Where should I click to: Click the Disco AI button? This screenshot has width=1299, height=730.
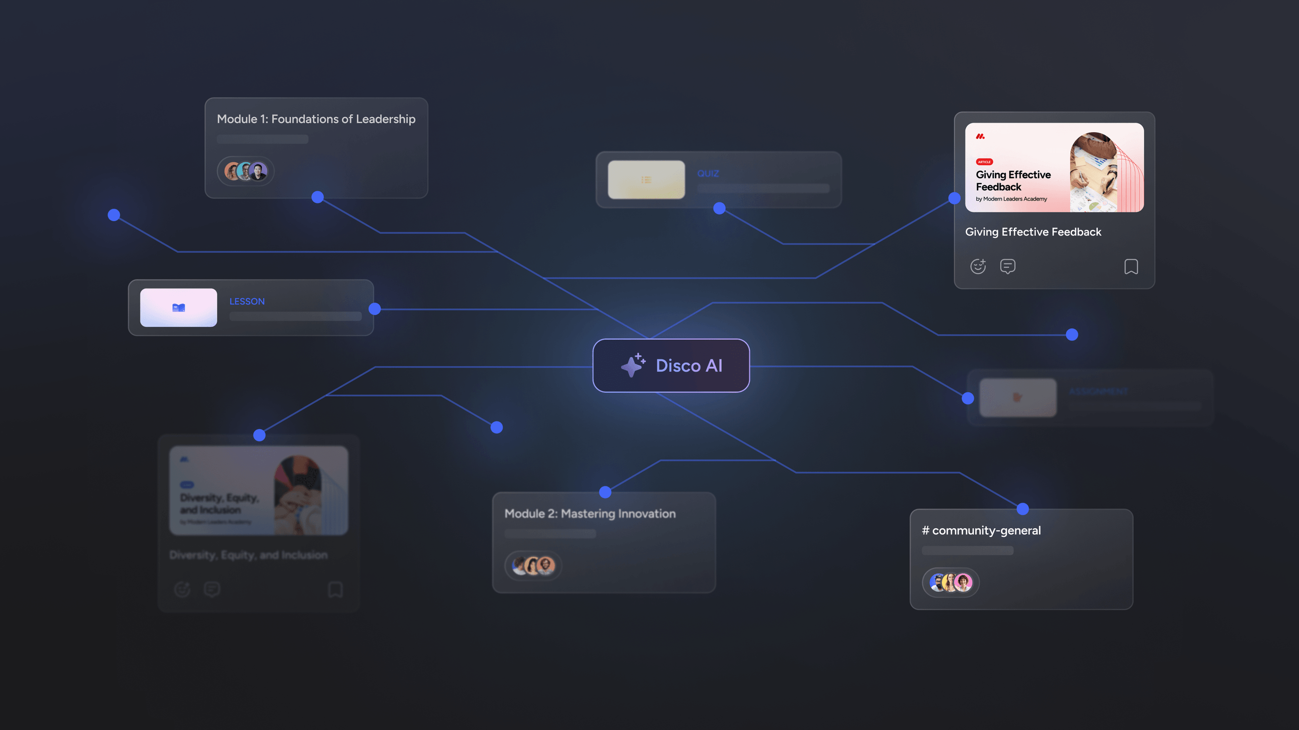670,365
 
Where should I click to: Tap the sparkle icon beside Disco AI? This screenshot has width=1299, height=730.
633,365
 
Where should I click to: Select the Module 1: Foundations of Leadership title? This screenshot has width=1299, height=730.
316,119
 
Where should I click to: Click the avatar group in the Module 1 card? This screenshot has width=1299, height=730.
246,171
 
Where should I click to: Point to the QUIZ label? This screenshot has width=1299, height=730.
707,173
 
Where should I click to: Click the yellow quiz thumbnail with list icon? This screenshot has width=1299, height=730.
646,180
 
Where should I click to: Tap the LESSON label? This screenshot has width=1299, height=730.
247,301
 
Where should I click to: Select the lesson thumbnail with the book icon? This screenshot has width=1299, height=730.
178,308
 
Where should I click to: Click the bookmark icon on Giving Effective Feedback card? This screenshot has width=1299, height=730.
1131,266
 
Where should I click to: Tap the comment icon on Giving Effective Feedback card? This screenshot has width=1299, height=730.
1007,266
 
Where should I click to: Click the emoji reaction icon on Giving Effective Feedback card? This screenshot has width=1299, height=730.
978,266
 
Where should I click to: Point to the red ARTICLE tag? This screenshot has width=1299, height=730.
984,162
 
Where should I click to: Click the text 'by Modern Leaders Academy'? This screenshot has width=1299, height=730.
1011,199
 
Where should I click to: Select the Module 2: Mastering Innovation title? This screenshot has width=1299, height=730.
590,513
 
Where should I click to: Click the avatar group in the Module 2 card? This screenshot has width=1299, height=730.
533,566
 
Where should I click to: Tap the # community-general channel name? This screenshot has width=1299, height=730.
981,530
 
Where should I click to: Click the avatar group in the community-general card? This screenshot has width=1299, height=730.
951,582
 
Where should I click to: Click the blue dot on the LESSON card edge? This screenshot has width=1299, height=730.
375,309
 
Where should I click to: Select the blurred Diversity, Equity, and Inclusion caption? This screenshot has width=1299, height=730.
248,555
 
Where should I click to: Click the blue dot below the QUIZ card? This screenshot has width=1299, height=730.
719,208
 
